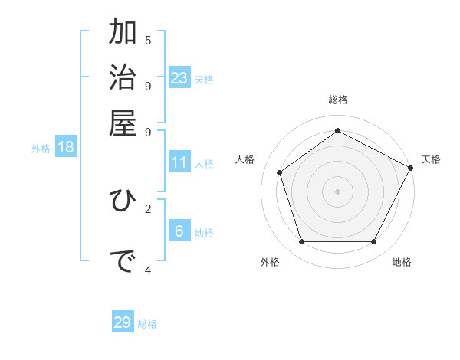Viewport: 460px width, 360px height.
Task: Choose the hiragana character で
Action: pyautogui.click(x=123, y=261)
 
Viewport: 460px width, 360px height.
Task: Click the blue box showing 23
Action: pyautogui.click(x=179, y=77)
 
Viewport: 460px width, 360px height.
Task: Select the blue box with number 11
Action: pyautogui.click(x=179, y=162)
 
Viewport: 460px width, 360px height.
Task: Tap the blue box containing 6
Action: pyautogui.click(x=179, y=231)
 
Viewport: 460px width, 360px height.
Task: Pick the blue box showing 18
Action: pyautogui.click(x=66, y=147)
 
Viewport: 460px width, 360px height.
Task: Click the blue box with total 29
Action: pyautogui.click(x=123, y=322)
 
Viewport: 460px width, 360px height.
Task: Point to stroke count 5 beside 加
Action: pyautogui.click(x=148, y=40)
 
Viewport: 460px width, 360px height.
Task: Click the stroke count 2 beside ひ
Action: pyautogui.click(x=148, y=208)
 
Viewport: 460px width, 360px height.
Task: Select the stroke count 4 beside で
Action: pyautogui.click(x=148, y=269)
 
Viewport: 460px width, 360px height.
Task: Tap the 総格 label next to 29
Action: pyautogui.click(x=147, y=324)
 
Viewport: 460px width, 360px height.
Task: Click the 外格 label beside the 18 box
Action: pyautogui.click(x=41, y=149)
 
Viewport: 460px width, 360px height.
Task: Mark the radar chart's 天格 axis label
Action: pyautogui.click(x=431, y=159)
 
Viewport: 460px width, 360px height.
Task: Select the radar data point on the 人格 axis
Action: pyautogui.click(x=280, y=173)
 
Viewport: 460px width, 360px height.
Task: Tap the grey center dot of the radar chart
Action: pyautogui.click(x=337, y=191)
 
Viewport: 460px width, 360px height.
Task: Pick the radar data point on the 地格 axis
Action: pyautogui.click(x=373, y=242)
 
